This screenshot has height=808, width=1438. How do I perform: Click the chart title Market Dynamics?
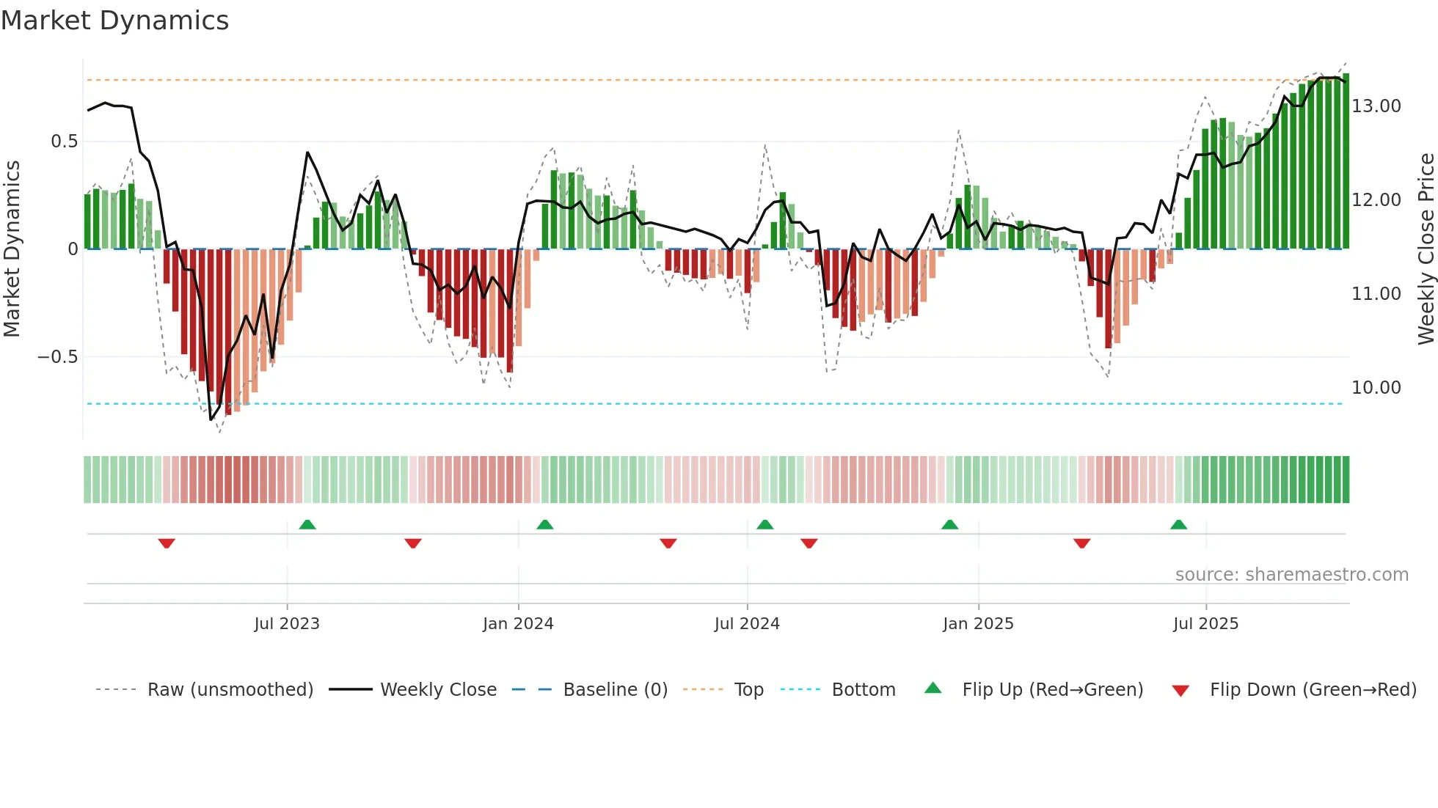[x=114, y=21]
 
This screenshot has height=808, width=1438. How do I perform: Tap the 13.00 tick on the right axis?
[x=1376, y=106]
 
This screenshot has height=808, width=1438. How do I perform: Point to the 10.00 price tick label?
[x=1376, y=387]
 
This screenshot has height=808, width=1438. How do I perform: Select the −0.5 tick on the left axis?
[x=57, y=357]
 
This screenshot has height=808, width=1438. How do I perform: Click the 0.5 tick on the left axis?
[x=64, y=142]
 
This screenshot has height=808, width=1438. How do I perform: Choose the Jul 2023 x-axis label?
[x=287, y=624]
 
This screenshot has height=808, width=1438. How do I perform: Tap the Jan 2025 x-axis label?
[x=978, y=624]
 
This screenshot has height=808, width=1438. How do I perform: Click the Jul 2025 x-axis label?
[x=1205, y=624]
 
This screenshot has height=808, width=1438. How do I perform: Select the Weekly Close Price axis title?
[x=1426, y=249]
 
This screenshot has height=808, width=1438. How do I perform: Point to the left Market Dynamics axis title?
[x=12, y=249]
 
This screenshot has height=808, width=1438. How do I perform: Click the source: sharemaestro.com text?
[x=1291, y=575]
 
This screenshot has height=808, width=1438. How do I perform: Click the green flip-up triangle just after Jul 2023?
[x=307, y=525]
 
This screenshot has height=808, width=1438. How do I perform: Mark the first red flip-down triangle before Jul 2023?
[x=167, y=543]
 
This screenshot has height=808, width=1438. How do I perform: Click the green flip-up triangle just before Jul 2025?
[x=1178, y=525]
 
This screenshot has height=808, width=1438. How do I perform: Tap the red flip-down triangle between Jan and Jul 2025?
[x=1081, y=543]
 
